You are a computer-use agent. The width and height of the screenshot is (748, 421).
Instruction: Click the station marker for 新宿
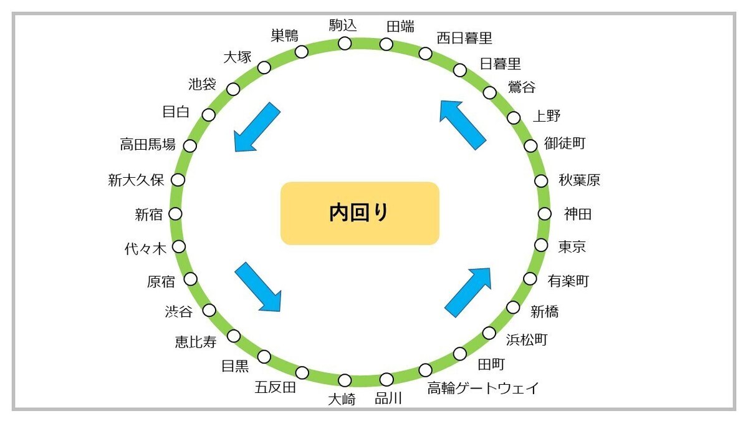coord(176,214)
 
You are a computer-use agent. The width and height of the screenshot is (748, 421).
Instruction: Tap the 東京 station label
coord(572,247)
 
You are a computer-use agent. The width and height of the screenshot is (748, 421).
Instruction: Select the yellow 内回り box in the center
coord(360,213)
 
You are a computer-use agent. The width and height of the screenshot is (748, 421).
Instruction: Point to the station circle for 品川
coord(386,379)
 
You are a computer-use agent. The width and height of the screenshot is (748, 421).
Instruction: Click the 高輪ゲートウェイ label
coord(482,389)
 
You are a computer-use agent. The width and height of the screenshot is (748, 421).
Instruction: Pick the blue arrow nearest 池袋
coord(256,128)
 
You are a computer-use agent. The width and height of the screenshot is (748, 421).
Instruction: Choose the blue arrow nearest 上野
coord(463,125)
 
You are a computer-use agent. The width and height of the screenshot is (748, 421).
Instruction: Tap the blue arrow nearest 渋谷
coord(257,287)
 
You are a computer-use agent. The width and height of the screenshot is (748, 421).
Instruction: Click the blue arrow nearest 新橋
coord(468,291)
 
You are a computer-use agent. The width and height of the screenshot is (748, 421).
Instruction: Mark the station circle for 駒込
coord(345,43)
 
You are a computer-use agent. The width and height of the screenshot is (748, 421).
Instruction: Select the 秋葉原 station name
coord(579,181)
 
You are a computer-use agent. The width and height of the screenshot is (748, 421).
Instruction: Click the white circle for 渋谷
coord(209,310)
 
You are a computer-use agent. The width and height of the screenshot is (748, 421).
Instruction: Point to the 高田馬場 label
coord(148,145)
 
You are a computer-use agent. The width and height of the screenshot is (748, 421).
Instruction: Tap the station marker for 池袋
coord(233,89)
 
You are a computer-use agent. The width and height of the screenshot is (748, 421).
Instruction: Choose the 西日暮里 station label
coord(464,39)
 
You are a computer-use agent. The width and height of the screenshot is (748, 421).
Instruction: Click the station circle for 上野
coord(514,117)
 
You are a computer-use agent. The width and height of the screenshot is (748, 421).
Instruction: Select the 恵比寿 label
coord(195,342)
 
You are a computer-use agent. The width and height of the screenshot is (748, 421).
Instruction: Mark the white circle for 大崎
coord(345,380)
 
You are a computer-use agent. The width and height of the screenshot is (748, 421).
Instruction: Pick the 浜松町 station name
coord(527,340)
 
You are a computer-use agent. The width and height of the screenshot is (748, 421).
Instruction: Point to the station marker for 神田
coord(544,214)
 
